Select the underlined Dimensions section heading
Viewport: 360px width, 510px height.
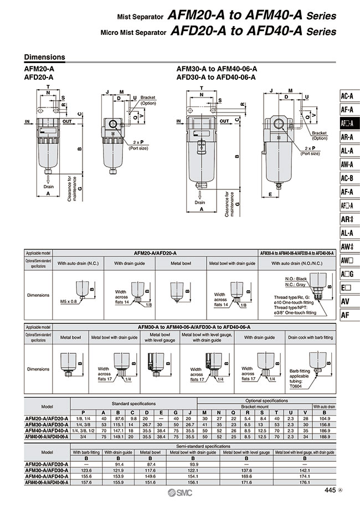tap(45, 58)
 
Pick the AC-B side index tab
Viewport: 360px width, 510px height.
tap(347, 178)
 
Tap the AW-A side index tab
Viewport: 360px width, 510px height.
tap(347, 164)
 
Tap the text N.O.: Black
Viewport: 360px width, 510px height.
tap(296, 278)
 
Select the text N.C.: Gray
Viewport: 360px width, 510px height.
tap(296, 284)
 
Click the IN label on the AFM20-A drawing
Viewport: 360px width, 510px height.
tap(27, 121)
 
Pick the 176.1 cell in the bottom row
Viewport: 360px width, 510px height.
tap(304, 481)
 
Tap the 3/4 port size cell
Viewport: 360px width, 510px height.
tap(84, 436)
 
